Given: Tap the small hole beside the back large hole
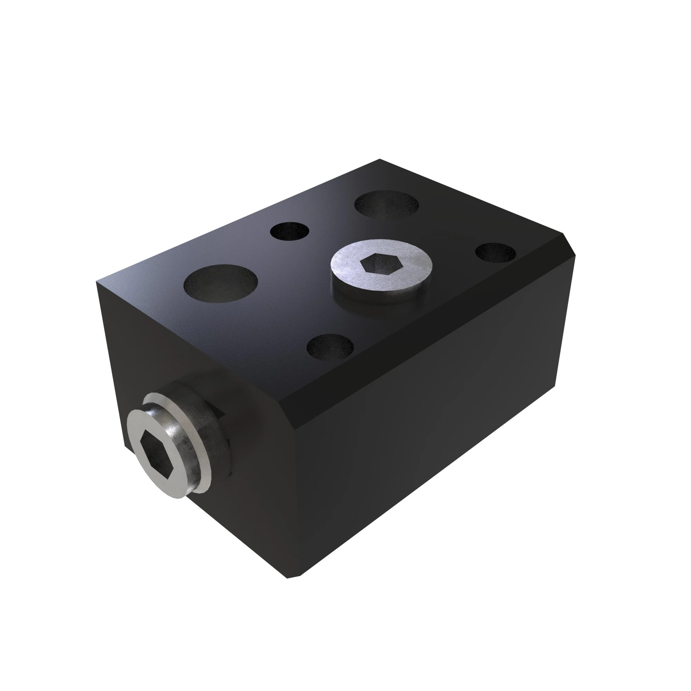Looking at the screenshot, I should click(x=290, y=231).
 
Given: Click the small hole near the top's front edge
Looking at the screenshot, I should click(x=330, y=347).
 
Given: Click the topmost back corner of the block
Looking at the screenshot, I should click(x=379, y=160).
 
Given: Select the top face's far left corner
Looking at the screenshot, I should click(x=97, y=282).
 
